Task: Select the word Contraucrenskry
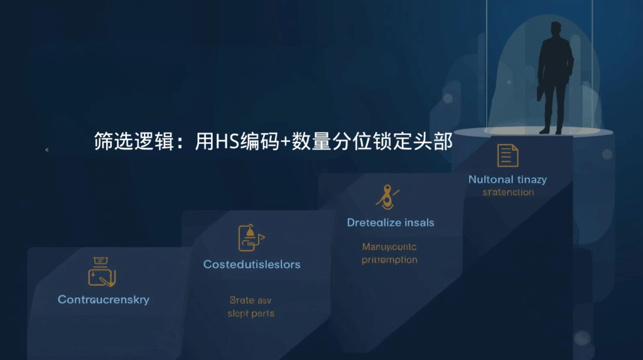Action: point(104,300)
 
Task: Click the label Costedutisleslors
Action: point(252,265)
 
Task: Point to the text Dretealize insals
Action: point(391,222)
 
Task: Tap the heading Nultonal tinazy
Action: point(507,180)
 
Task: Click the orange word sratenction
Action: point(508,192)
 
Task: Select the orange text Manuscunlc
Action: point(389,247)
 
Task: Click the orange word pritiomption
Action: point(389,259)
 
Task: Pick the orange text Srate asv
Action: point(251,300)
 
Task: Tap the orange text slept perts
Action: point(251,313)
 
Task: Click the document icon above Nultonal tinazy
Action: point(507,155)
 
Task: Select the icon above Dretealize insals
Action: point(387,197)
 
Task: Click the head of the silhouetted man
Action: point(556,30)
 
